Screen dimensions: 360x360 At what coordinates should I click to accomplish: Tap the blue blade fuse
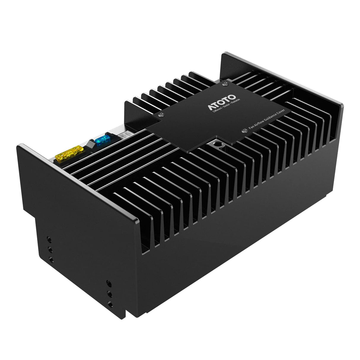(x=102, y=139)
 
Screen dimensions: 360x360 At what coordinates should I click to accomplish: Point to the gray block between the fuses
(x=90, y=145)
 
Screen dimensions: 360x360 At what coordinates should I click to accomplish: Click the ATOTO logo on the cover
(x=222, y=102)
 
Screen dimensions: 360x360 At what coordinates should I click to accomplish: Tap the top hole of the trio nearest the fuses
(x=49, y=239)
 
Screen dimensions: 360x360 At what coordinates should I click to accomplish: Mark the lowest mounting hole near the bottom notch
(x=110, y=304)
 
